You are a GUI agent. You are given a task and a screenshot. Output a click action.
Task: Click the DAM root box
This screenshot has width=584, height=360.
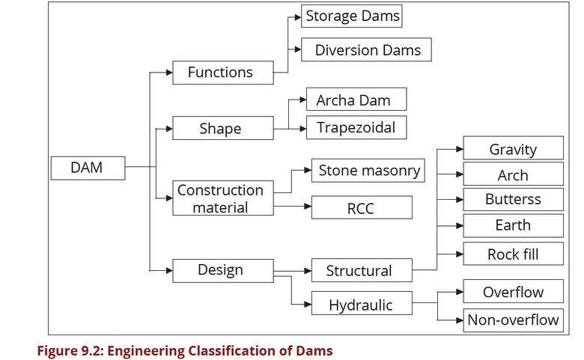coord(87,168)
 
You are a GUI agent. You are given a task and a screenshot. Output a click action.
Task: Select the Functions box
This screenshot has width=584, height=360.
coord(220,73)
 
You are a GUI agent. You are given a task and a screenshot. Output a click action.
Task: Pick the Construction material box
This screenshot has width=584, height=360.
coord(220,198)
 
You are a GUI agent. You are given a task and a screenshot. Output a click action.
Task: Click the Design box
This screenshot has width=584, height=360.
coord(220,269)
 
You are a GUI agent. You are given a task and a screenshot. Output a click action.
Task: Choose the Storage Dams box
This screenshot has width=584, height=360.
coord(353,16)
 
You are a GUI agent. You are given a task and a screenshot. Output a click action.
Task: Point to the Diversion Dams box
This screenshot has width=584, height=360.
coord(367,50)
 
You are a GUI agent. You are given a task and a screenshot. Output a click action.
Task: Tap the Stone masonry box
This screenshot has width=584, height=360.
coord(368,170)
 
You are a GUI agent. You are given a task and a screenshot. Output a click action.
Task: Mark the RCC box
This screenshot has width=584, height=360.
coord(361,207)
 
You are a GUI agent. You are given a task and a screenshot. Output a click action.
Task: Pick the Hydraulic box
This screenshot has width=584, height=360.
coord(360,304)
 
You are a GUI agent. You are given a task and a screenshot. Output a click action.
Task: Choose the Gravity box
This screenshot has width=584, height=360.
coord(513,148)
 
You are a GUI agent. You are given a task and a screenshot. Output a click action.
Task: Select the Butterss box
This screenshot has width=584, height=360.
coord(513,199)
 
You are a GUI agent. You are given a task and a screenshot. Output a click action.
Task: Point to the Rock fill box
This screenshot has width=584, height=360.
coord(513,254)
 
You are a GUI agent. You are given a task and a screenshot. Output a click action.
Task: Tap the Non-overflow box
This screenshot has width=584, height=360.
coord(513,320)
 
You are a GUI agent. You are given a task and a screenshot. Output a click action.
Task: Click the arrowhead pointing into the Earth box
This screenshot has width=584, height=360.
coord(459,226)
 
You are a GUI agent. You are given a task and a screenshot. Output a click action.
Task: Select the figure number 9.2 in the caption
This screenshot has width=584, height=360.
coord(91,350)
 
